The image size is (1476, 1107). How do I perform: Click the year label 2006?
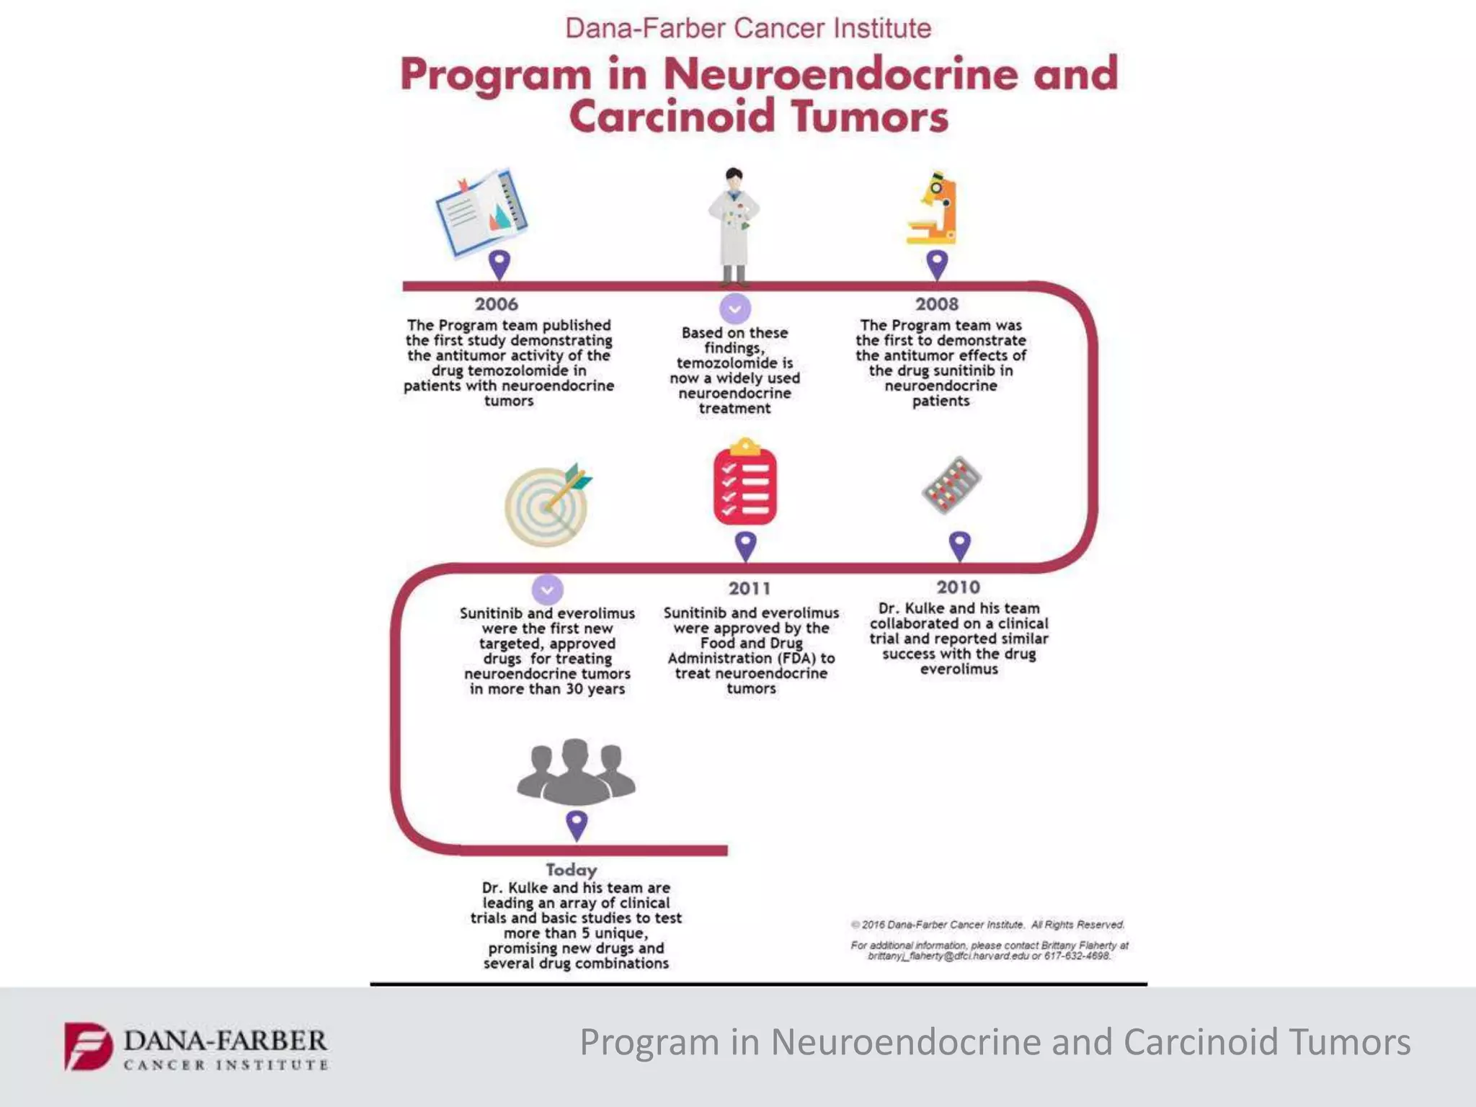click(496, 304)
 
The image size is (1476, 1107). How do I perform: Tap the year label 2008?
click(937, 304)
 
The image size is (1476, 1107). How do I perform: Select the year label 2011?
click(750, 589)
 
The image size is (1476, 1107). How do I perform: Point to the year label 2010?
click(959, 587)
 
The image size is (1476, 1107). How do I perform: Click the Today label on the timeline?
click(572, 870)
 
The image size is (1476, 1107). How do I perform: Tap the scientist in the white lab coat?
click(734, 223)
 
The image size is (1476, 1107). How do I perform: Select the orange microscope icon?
click(933, 209)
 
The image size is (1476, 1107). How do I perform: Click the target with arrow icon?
click(548, 504)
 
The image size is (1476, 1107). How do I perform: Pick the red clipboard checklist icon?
click(745, 483)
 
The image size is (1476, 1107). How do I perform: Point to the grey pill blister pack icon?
click(951, 484)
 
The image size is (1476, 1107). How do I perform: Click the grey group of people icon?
click(576, 772)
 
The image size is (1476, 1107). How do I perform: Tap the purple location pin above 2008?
click(937, 264)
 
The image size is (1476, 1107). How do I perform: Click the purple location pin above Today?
click(577, 824)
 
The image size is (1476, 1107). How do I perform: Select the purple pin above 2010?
click(959, 546)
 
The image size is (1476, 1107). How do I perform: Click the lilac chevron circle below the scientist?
click(735, 309)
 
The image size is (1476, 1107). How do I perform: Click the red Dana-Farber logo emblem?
click(88, 1045)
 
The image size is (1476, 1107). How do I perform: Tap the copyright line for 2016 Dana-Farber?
click(987, 925)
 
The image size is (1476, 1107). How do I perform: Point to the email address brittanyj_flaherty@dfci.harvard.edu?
click(948, 956)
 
